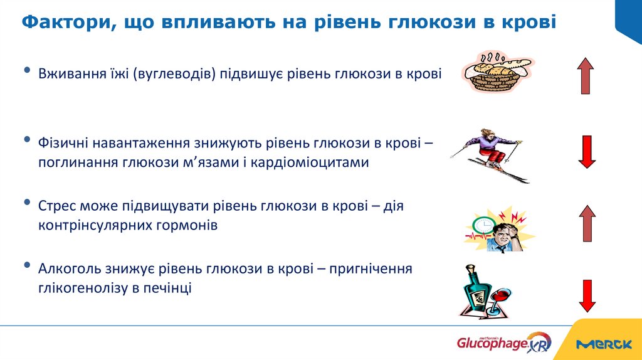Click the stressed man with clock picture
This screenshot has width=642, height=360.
coord(498,229)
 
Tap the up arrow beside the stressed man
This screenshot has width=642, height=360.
coord(587,223)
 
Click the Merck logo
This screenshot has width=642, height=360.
coord(603,344)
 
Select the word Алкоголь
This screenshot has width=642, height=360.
coord(65,269)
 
